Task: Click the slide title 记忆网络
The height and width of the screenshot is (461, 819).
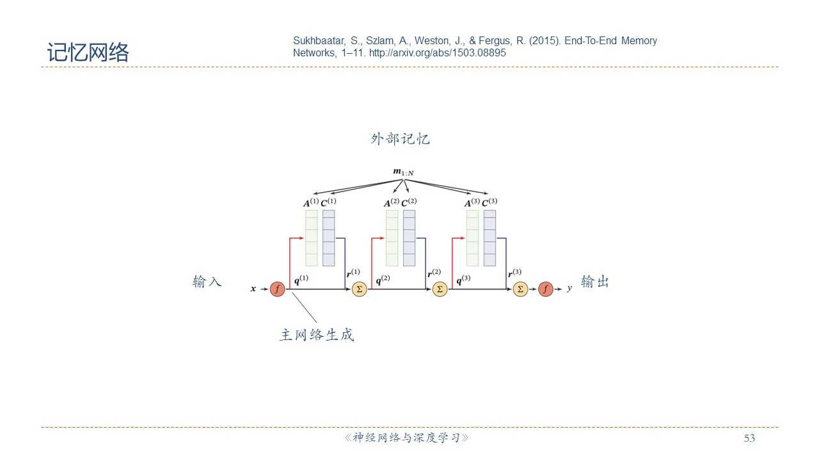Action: [88, 53]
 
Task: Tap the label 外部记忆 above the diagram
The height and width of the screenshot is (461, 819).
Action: [400, 139]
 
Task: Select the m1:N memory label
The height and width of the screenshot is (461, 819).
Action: [403, 172]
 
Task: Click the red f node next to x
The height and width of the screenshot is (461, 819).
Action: [276, 289]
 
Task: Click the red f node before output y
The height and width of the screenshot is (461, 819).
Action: [545, 289]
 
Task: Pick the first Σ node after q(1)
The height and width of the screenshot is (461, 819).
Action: [359, 289]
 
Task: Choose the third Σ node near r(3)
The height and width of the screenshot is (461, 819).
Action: [520, 289]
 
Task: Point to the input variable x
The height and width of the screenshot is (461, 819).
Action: [253, 289]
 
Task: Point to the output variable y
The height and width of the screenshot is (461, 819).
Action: [569, 289]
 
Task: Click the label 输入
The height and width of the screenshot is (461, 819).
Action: [207, 282]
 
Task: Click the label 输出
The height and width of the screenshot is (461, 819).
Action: [594, 282]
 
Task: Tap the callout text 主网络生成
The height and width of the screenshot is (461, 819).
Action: [317, 335]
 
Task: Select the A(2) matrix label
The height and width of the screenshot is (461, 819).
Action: [392, 203]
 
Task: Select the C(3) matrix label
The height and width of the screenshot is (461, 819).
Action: [489, 203]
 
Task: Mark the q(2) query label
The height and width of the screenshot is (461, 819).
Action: [383, 280]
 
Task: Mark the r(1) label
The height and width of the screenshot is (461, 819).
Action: [353, 273]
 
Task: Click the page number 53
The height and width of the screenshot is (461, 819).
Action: [749, 439]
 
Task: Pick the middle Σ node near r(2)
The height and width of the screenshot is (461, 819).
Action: [440, 289]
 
